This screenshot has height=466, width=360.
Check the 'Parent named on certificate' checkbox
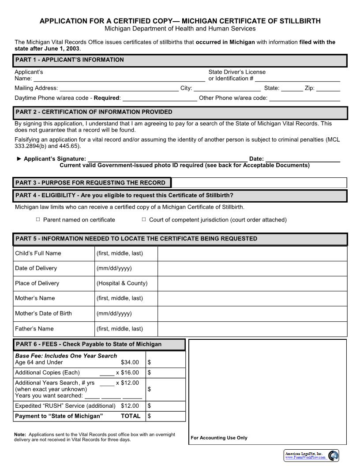[x=38, y=219]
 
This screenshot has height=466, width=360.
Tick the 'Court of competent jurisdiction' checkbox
[x=144, y=219]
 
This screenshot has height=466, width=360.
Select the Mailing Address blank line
[x=119, y=89]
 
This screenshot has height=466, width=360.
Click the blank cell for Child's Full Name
[x=252, y=253]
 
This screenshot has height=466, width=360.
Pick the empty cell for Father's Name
[x=252, y=329]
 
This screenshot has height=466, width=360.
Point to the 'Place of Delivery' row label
[x=37, y=283]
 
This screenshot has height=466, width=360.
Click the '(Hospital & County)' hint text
[x=122, y=283]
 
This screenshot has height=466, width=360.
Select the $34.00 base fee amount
[x=130, y=362]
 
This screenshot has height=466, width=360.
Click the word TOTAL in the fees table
[x=131, y=416]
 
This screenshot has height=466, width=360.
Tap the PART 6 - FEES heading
[x=88, y=344]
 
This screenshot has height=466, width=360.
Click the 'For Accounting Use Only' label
[x=219, y=438]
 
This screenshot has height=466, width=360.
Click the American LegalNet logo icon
[x=334, y=455]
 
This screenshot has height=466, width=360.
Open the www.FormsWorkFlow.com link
[x=305, y=458]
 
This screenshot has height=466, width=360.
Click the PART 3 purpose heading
[x=90, y=183]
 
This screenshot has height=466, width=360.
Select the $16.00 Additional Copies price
[x=130, y=372]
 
